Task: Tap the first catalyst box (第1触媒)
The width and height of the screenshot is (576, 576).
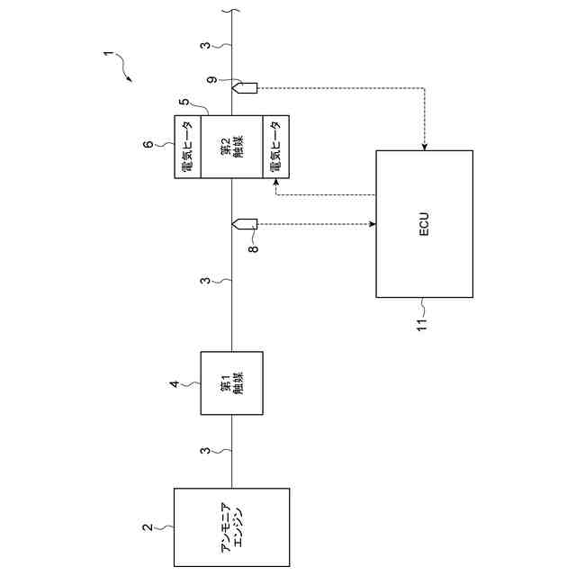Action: tap(231, 382)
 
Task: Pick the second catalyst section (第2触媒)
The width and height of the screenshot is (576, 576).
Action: tap(231, 147)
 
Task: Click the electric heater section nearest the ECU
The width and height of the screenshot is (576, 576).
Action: tap(275, 147)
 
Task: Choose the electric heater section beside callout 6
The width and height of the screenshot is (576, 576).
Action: tap(186, 147)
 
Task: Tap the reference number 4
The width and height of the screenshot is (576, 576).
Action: tap(175, 385)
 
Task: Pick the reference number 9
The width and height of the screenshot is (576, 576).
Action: tap(211, 82)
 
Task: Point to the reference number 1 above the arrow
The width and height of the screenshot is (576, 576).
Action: tap(107, 56)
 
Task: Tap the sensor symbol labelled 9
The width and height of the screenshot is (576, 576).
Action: tap(245, 87)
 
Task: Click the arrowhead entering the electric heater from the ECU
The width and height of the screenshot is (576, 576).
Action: tap(275, 183)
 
